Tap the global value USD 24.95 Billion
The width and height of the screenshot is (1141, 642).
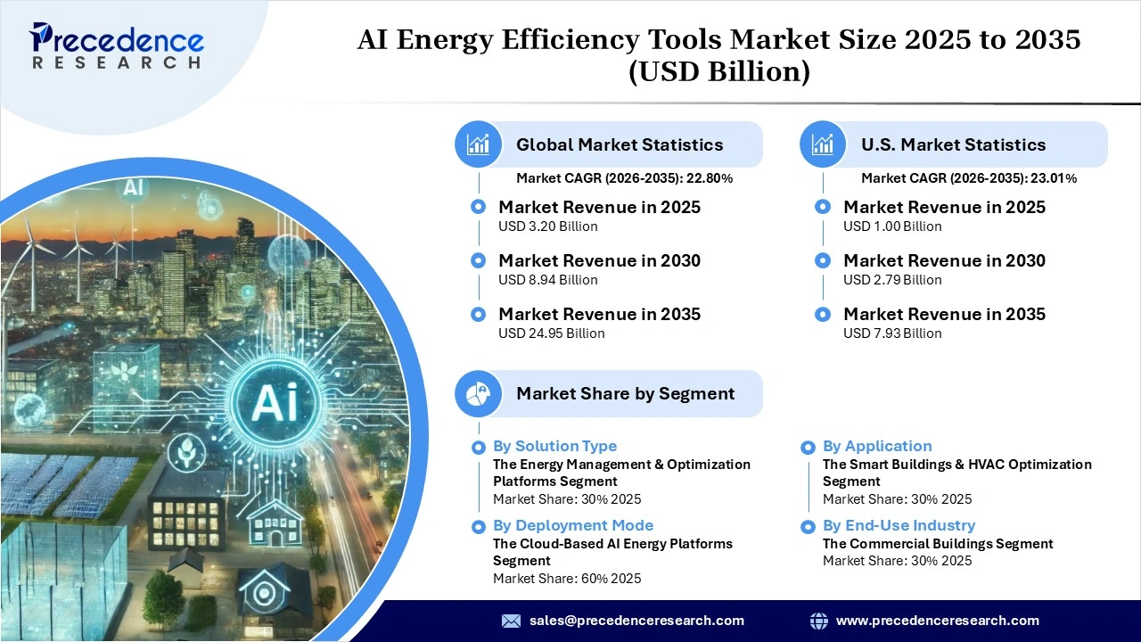(551, 333)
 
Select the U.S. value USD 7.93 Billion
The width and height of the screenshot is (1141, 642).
(892, 333)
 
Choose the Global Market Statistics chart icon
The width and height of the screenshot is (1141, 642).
(479, 144)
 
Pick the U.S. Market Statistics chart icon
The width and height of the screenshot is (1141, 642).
(823, 144)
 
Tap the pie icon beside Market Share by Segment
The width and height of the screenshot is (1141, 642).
(479, 393)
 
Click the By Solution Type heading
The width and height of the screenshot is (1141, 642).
(554, 446)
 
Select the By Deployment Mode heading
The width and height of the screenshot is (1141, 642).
(573, 525)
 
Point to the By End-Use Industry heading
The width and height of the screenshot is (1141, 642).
(899, 525)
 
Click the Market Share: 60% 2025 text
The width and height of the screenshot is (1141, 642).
(567, 578)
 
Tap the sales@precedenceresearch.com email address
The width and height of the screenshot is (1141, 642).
(636, 621)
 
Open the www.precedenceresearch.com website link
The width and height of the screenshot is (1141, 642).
(937, 621)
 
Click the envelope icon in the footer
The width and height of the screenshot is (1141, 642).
(511, 621)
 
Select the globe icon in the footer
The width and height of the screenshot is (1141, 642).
(818, 621)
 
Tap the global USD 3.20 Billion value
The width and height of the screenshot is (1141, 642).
(547, 226)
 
